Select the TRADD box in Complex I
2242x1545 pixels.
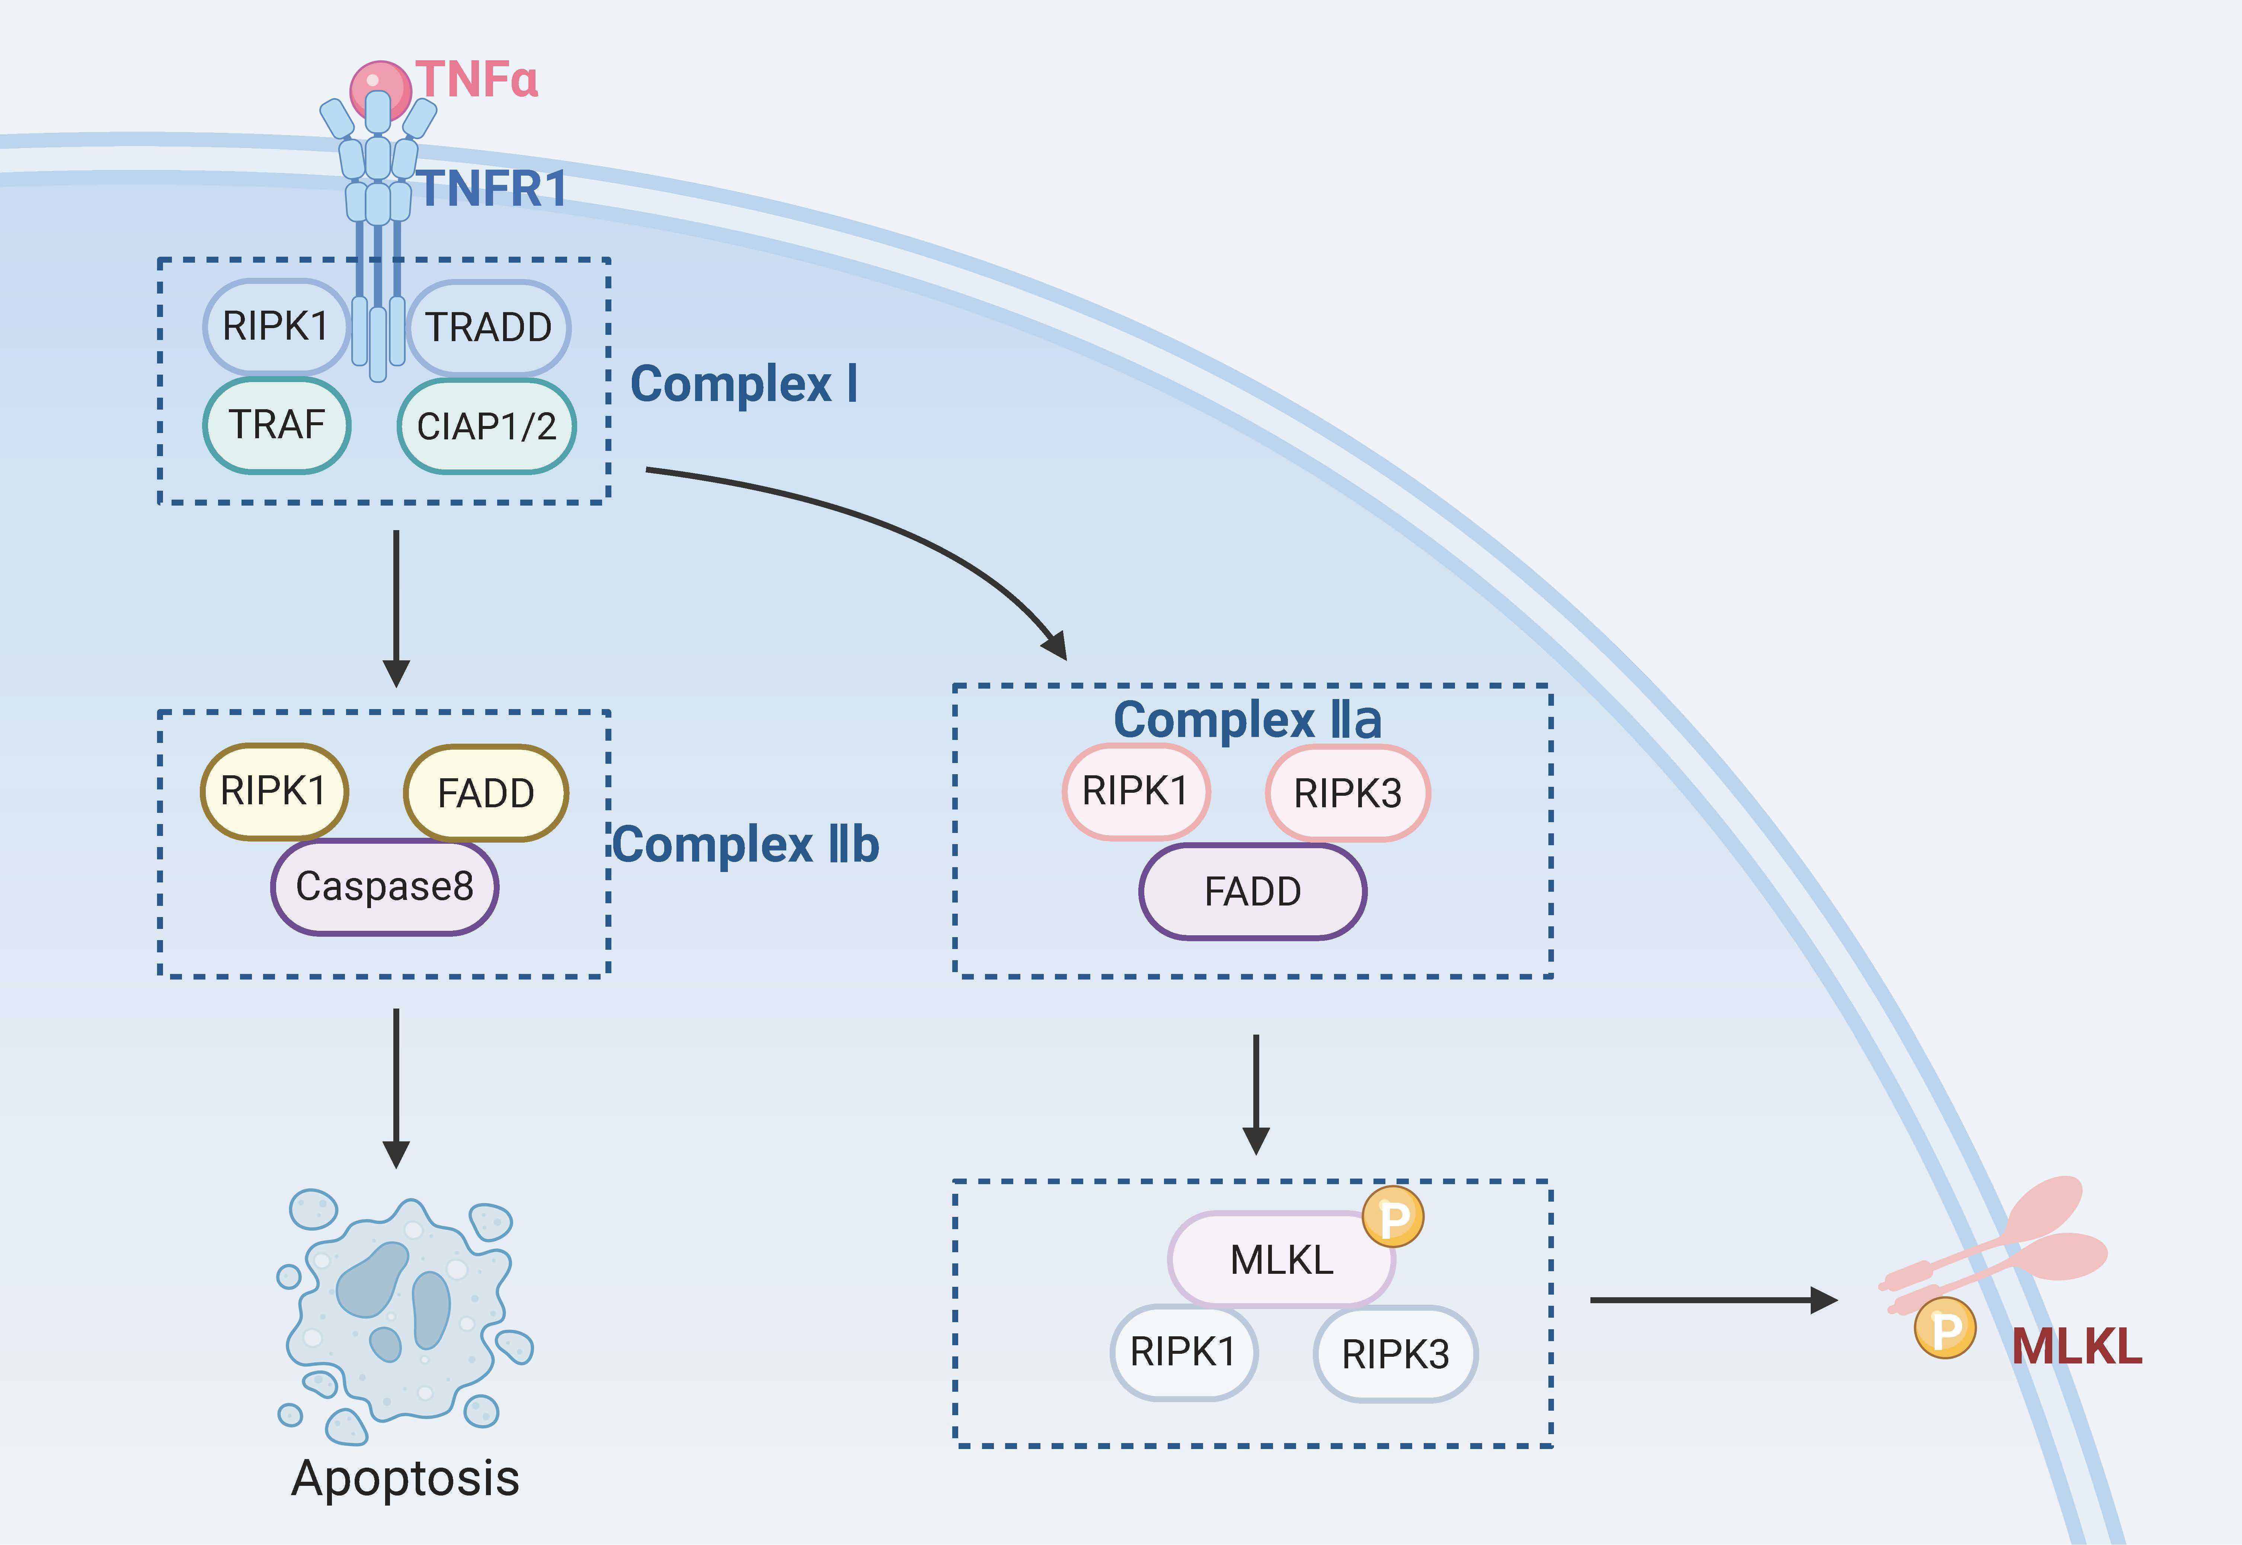489,327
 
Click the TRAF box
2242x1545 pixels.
277,425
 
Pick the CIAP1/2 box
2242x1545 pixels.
487,426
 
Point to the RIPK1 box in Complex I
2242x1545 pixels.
276,326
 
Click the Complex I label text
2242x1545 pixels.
743,384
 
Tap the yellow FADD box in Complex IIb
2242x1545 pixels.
486,793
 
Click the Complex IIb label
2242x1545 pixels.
745,844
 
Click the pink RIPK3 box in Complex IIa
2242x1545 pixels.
1347,793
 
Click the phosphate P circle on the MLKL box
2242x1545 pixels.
1393,1217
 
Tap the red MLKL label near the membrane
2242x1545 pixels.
2076,1347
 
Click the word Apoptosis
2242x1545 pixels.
406,1478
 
